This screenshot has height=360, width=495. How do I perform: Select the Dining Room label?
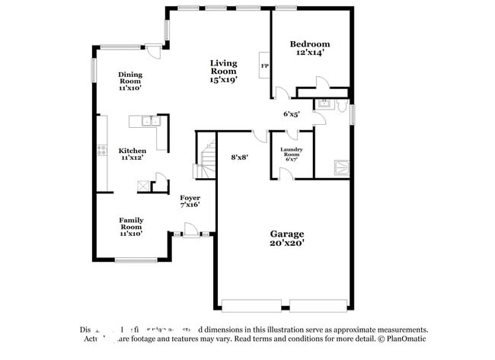130,77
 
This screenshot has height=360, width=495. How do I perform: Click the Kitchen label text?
132,151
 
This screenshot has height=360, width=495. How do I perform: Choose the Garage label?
287,234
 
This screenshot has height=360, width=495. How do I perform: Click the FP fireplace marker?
264,66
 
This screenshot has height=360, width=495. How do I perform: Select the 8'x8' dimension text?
240,158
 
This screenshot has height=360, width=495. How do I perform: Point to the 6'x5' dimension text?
291,114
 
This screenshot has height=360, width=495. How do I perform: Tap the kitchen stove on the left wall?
101,151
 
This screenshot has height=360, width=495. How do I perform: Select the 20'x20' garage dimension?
287,244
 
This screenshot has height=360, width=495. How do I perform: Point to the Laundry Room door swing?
286,174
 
